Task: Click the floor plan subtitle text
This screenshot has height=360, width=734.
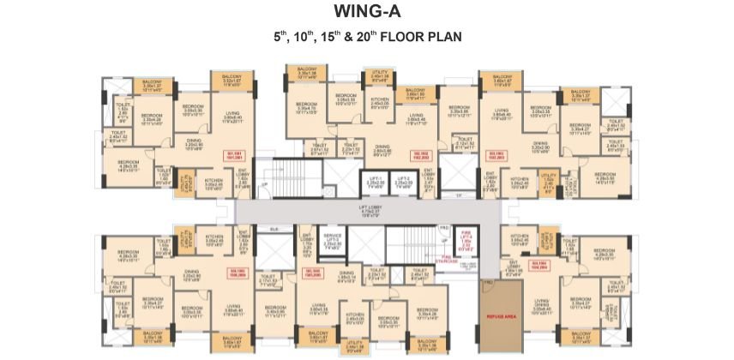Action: (x=366, y=39)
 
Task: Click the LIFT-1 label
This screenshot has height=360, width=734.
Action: (x=374, y=181)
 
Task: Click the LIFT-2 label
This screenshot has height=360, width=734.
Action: (x=404, y=181)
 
